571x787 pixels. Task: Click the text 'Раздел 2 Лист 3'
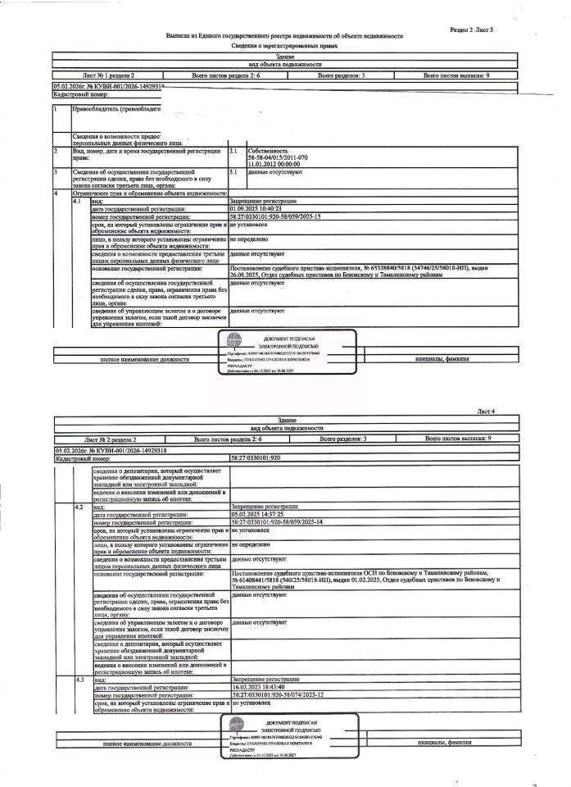pyautogui.click(x=472, y=29)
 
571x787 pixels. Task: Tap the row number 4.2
pyautogui.click(x=79, y=507)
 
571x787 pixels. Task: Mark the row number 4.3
pyautogui.click(x=79, y=679)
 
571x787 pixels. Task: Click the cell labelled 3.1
pyautogui.click(x=233, y=172)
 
